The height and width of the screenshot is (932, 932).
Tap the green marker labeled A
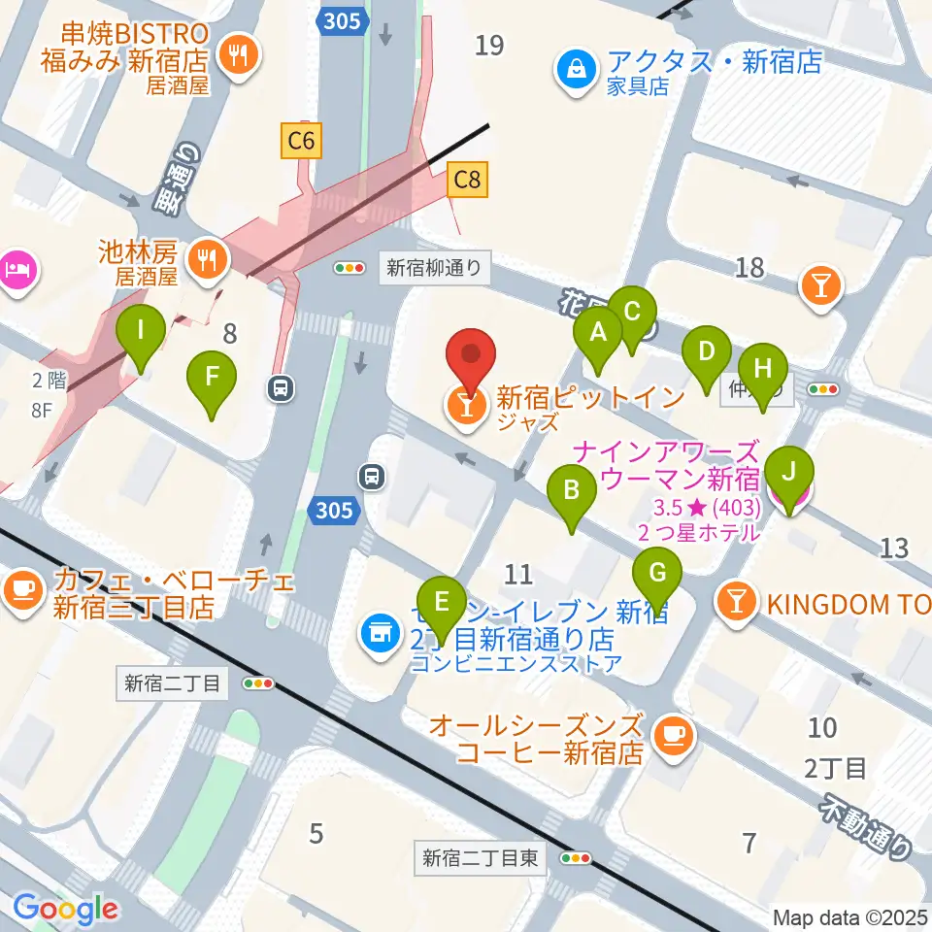pyautogui.click(x=598, y=334)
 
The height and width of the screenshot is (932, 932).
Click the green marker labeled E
pyautogui.click(x=442, y=604)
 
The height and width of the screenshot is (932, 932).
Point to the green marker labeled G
pyautogui.click(x=657, y=575)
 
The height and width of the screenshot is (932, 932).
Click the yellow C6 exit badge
pyautogui.click(x=301, y=143)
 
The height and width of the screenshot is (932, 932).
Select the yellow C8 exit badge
pyautogui.click(x=467, y=180)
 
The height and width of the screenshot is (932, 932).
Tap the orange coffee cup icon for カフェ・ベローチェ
pyautogui.click(x=22, y=588)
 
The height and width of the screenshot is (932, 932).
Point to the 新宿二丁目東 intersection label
pyautogui.click(x=483, y=858)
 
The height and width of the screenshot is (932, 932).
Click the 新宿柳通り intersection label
pyautogui.click(x=434, y=268)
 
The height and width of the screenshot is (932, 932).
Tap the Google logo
pyautogui.click(x=65, y=908)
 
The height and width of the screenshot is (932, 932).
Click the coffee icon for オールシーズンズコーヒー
pyautogui.click(x=671, y=736)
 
